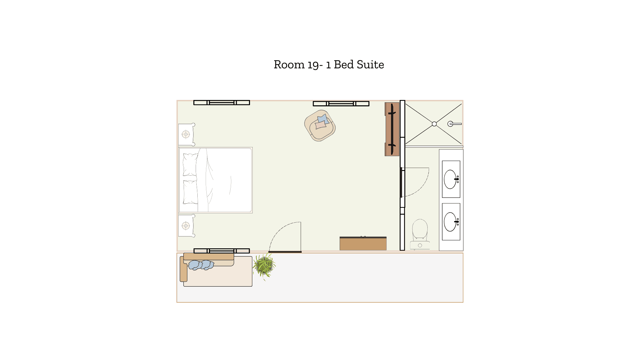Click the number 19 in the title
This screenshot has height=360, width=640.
[313, 65]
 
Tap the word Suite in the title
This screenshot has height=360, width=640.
[370, 65]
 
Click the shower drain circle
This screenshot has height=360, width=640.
[434, 124]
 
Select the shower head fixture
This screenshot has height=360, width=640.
[454, 124]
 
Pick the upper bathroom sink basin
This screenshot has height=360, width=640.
[450, 179]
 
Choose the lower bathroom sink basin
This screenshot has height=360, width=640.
[450, 222]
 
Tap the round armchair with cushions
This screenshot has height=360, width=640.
[320, 126]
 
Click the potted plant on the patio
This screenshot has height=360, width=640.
[264, 266]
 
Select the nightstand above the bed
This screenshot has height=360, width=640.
[186, 134]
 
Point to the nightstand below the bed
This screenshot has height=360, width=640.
[186, 226]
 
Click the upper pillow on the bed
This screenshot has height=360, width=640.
[190, 165]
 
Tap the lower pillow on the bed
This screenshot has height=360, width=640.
[190, 192]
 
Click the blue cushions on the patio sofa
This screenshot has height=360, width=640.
[201, 265]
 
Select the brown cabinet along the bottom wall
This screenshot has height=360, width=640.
[363, 243]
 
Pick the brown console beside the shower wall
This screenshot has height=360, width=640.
[392, 129]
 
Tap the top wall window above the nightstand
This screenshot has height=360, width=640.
[222, 103]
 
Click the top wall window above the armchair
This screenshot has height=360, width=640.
[341, 104]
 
